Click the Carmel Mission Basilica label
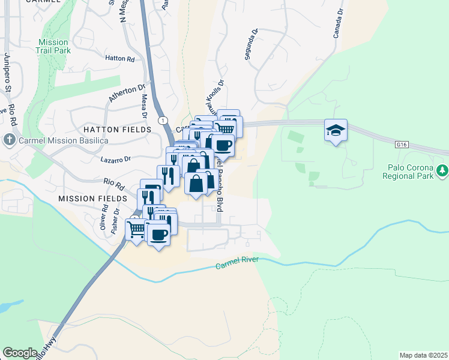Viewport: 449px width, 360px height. coord(58,141)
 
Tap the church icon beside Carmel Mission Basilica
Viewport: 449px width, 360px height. coord(9,141)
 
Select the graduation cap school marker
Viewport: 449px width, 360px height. coord(336,130)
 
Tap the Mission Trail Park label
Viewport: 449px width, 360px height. coord(55,46)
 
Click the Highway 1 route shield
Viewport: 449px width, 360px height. coord(163,120)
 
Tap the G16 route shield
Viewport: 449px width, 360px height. coord(402,145)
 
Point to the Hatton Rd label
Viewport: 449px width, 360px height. coord(119,59)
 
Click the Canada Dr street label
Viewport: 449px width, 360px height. coord(338,23)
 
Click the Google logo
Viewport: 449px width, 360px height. coord(20,353)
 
